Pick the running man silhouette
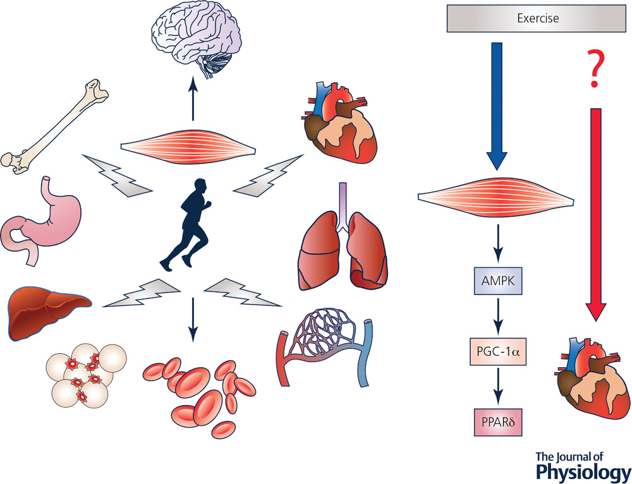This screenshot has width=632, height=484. (x=190, y=224)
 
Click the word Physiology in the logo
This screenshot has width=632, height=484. (x=582, y=472)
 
